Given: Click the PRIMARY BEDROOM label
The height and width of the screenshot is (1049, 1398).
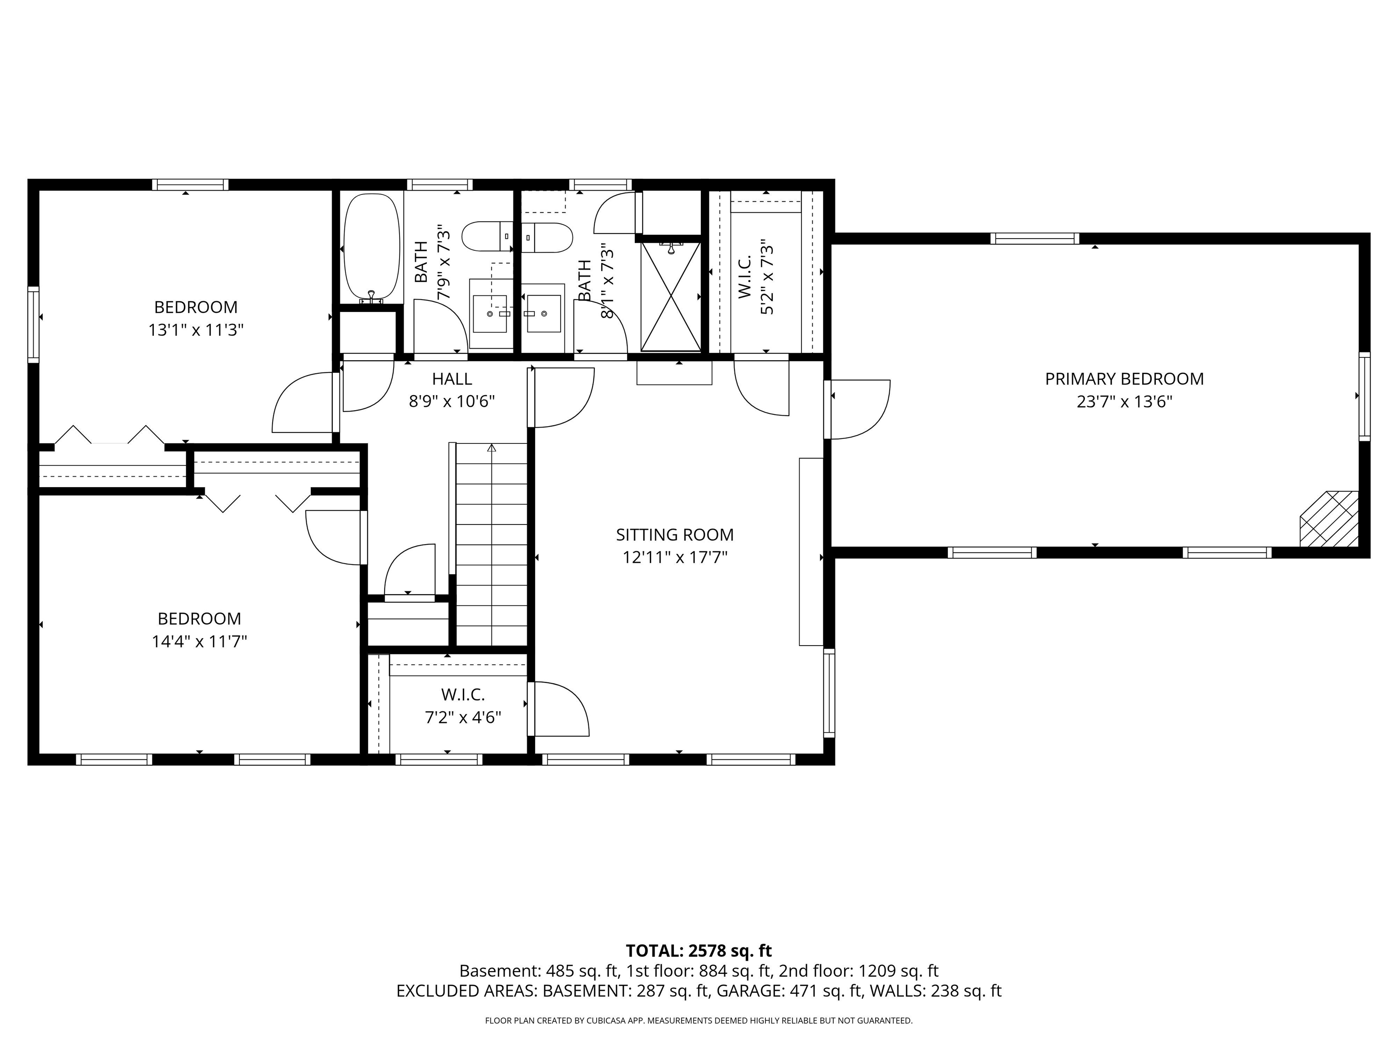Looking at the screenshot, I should click(x=1124, y=379).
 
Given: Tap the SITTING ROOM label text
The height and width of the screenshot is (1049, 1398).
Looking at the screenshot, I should click(x=674, y=535).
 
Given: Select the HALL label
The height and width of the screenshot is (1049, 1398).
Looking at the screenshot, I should click(x=452, y=379).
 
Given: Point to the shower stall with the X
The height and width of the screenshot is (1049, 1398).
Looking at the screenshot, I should click(x=671, y=296).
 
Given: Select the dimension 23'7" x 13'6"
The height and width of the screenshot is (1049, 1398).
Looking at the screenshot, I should click(x=1124, y=402).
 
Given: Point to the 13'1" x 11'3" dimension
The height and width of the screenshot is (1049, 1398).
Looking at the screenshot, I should click(x=196, y=330).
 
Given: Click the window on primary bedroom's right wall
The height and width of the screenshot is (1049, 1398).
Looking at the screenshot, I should click(x=1364, y=397).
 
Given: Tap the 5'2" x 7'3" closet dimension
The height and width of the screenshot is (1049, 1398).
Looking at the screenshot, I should click(x=767, y=277).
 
